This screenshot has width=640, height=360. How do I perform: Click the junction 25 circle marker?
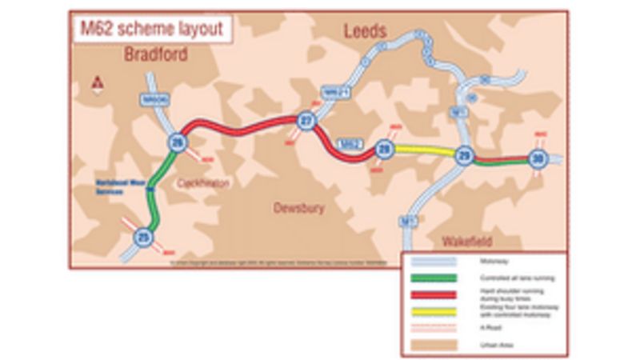[x=144, y=237]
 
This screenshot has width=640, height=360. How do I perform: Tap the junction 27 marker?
[x=305, y=121]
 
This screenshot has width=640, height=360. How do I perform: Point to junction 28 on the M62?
[x=385, y=148]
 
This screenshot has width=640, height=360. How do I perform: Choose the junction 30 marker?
[x=538, y=159]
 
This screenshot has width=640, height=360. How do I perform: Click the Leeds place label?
[x=365, y=32]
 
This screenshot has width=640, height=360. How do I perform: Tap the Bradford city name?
[x=156, y=54]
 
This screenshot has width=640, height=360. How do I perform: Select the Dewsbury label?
[x=299, y=208]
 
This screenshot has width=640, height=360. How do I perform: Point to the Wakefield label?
[x=467, y=241]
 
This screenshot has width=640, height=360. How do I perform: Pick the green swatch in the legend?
[x=433, y=278]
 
